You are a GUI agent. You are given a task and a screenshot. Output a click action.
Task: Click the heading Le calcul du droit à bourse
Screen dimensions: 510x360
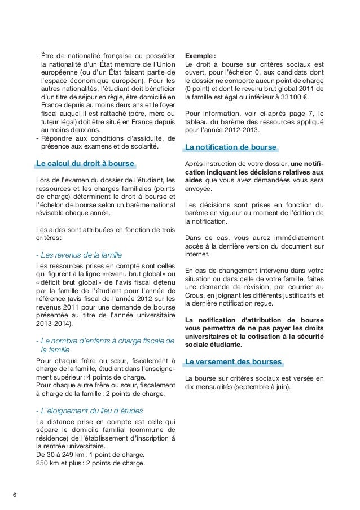click(85, 164)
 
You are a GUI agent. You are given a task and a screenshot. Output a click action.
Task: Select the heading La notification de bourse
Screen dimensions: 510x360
click(231, 148)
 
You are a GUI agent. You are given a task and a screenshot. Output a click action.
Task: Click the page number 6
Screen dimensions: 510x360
click(15, 496)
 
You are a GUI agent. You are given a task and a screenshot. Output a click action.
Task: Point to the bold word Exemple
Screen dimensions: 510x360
click(199, 55)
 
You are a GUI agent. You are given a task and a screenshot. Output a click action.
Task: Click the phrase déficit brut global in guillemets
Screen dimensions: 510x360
click(71, 283)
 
